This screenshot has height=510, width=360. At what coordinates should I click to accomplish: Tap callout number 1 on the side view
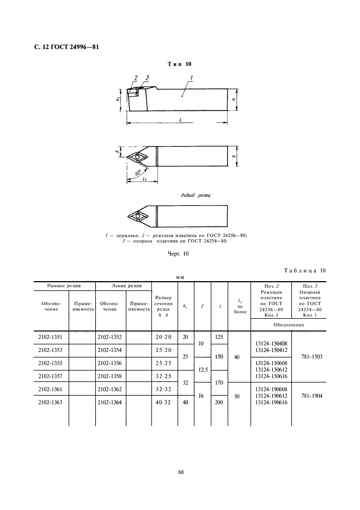(191, 78)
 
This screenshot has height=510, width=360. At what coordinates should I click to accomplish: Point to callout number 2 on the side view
(135, 78)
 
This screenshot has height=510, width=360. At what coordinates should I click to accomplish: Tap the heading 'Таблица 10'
(304, 270)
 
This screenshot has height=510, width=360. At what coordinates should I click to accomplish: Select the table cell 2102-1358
(109, 376)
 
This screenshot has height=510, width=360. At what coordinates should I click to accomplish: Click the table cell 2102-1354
(109, 350)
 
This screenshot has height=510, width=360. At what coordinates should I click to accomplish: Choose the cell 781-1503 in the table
(312, 356)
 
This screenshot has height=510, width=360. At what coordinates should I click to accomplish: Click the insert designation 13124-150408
(270, 343)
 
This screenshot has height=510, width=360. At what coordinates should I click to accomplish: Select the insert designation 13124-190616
(270, 402)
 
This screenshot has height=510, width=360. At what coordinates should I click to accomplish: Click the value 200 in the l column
(219, 402)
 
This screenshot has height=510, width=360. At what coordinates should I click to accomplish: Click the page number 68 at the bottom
(180, 472)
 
